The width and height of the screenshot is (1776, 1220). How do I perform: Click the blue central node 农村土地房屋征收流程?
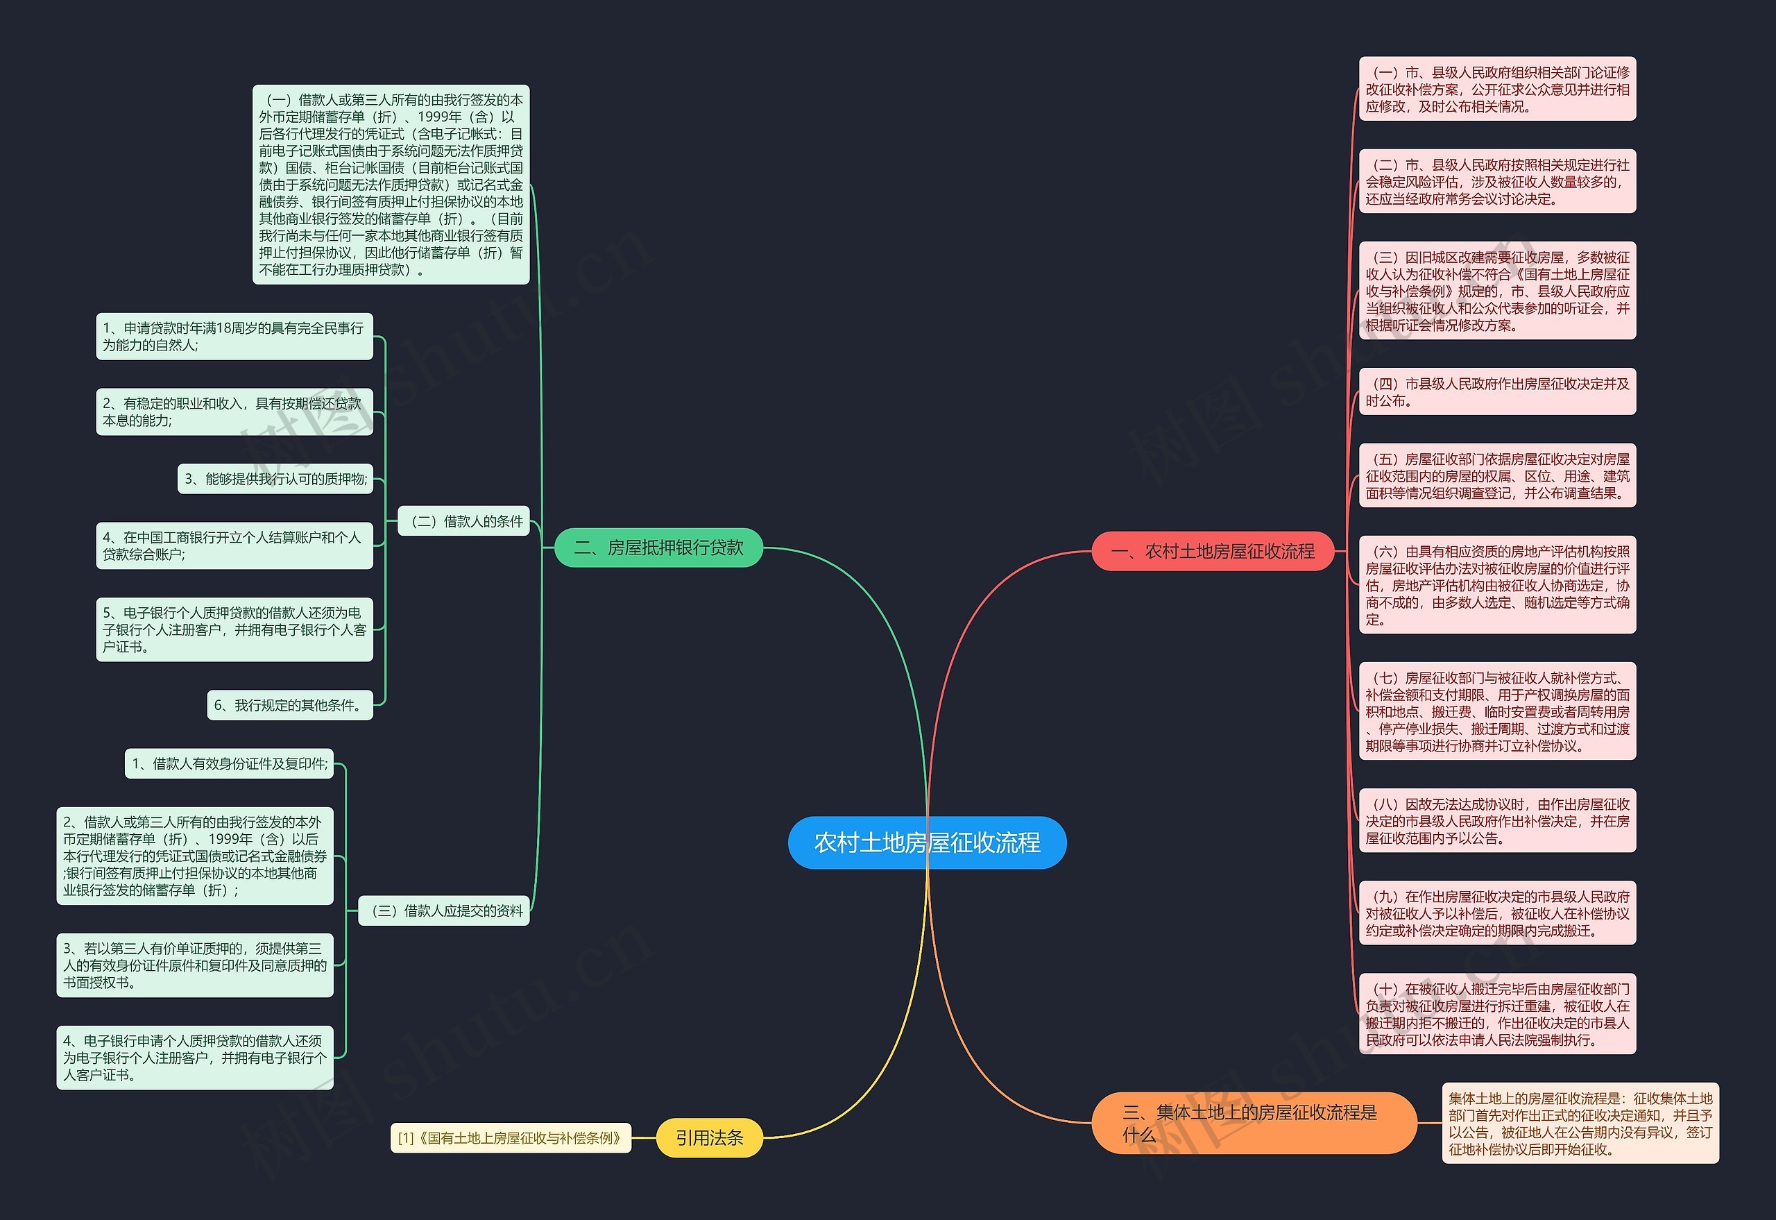coord(927,842)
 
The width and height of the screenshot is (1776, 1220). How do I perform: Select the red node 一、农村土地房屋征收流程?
coord(1213,551)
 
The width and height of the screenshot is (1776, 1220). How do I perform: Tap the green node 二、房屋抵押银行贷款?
coord(658,548)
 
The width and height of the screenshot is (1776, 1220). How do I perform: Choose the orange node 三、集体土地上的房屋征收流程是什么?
coord(1254,1122)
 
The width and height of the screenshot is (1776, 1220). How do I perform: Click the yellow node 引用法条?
coord(709,1137)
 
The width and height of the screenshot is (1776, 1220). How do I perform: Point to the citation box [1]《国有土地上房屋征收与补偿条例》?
coord(511,1137)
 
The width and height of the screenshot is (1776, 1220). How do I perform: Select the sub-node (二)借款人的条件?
coord(464,521)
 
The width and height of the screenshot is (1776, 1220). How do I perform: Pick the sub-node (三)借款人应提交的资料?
coord(444,910)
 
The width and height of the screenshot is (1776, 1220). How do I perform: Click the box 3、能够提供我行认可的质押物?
coord(275,479)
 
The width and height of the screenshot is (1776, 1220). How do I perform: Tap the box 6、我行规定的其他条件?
coord(289,705)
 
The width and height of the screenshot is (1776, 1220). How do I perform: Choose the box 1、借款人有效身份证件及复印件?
coord(229,763)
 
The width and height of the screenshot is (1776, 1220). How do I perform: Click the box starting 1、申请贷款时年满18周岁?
coord(234,337)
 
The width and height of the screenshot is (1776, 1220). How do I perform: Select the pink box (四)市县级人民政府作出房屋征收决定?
coord(1497,391)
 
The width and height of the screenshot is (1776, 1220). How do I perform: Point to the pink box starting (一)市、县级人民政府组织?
coord(1497,89)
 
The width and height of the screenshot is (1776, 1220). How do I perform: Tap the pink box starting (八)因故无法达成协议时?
coord(1497,820)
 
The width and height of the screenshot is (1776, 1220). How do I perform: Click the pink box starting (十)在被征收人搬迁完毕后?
coord(1497,1014)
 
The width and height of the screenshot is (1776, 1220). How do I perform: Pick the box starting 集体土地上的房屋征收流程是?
coord(1580,1123)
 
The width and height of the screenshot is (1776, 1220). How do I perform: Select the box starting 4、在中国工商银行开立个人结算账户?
coord(234,545)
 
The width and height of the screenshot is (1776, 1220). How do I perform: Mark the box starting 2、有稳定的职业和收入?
coord(234,412)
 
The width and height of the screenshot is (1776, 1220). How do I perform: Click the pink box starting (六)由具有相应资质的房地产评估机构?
coord(1497,585)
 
